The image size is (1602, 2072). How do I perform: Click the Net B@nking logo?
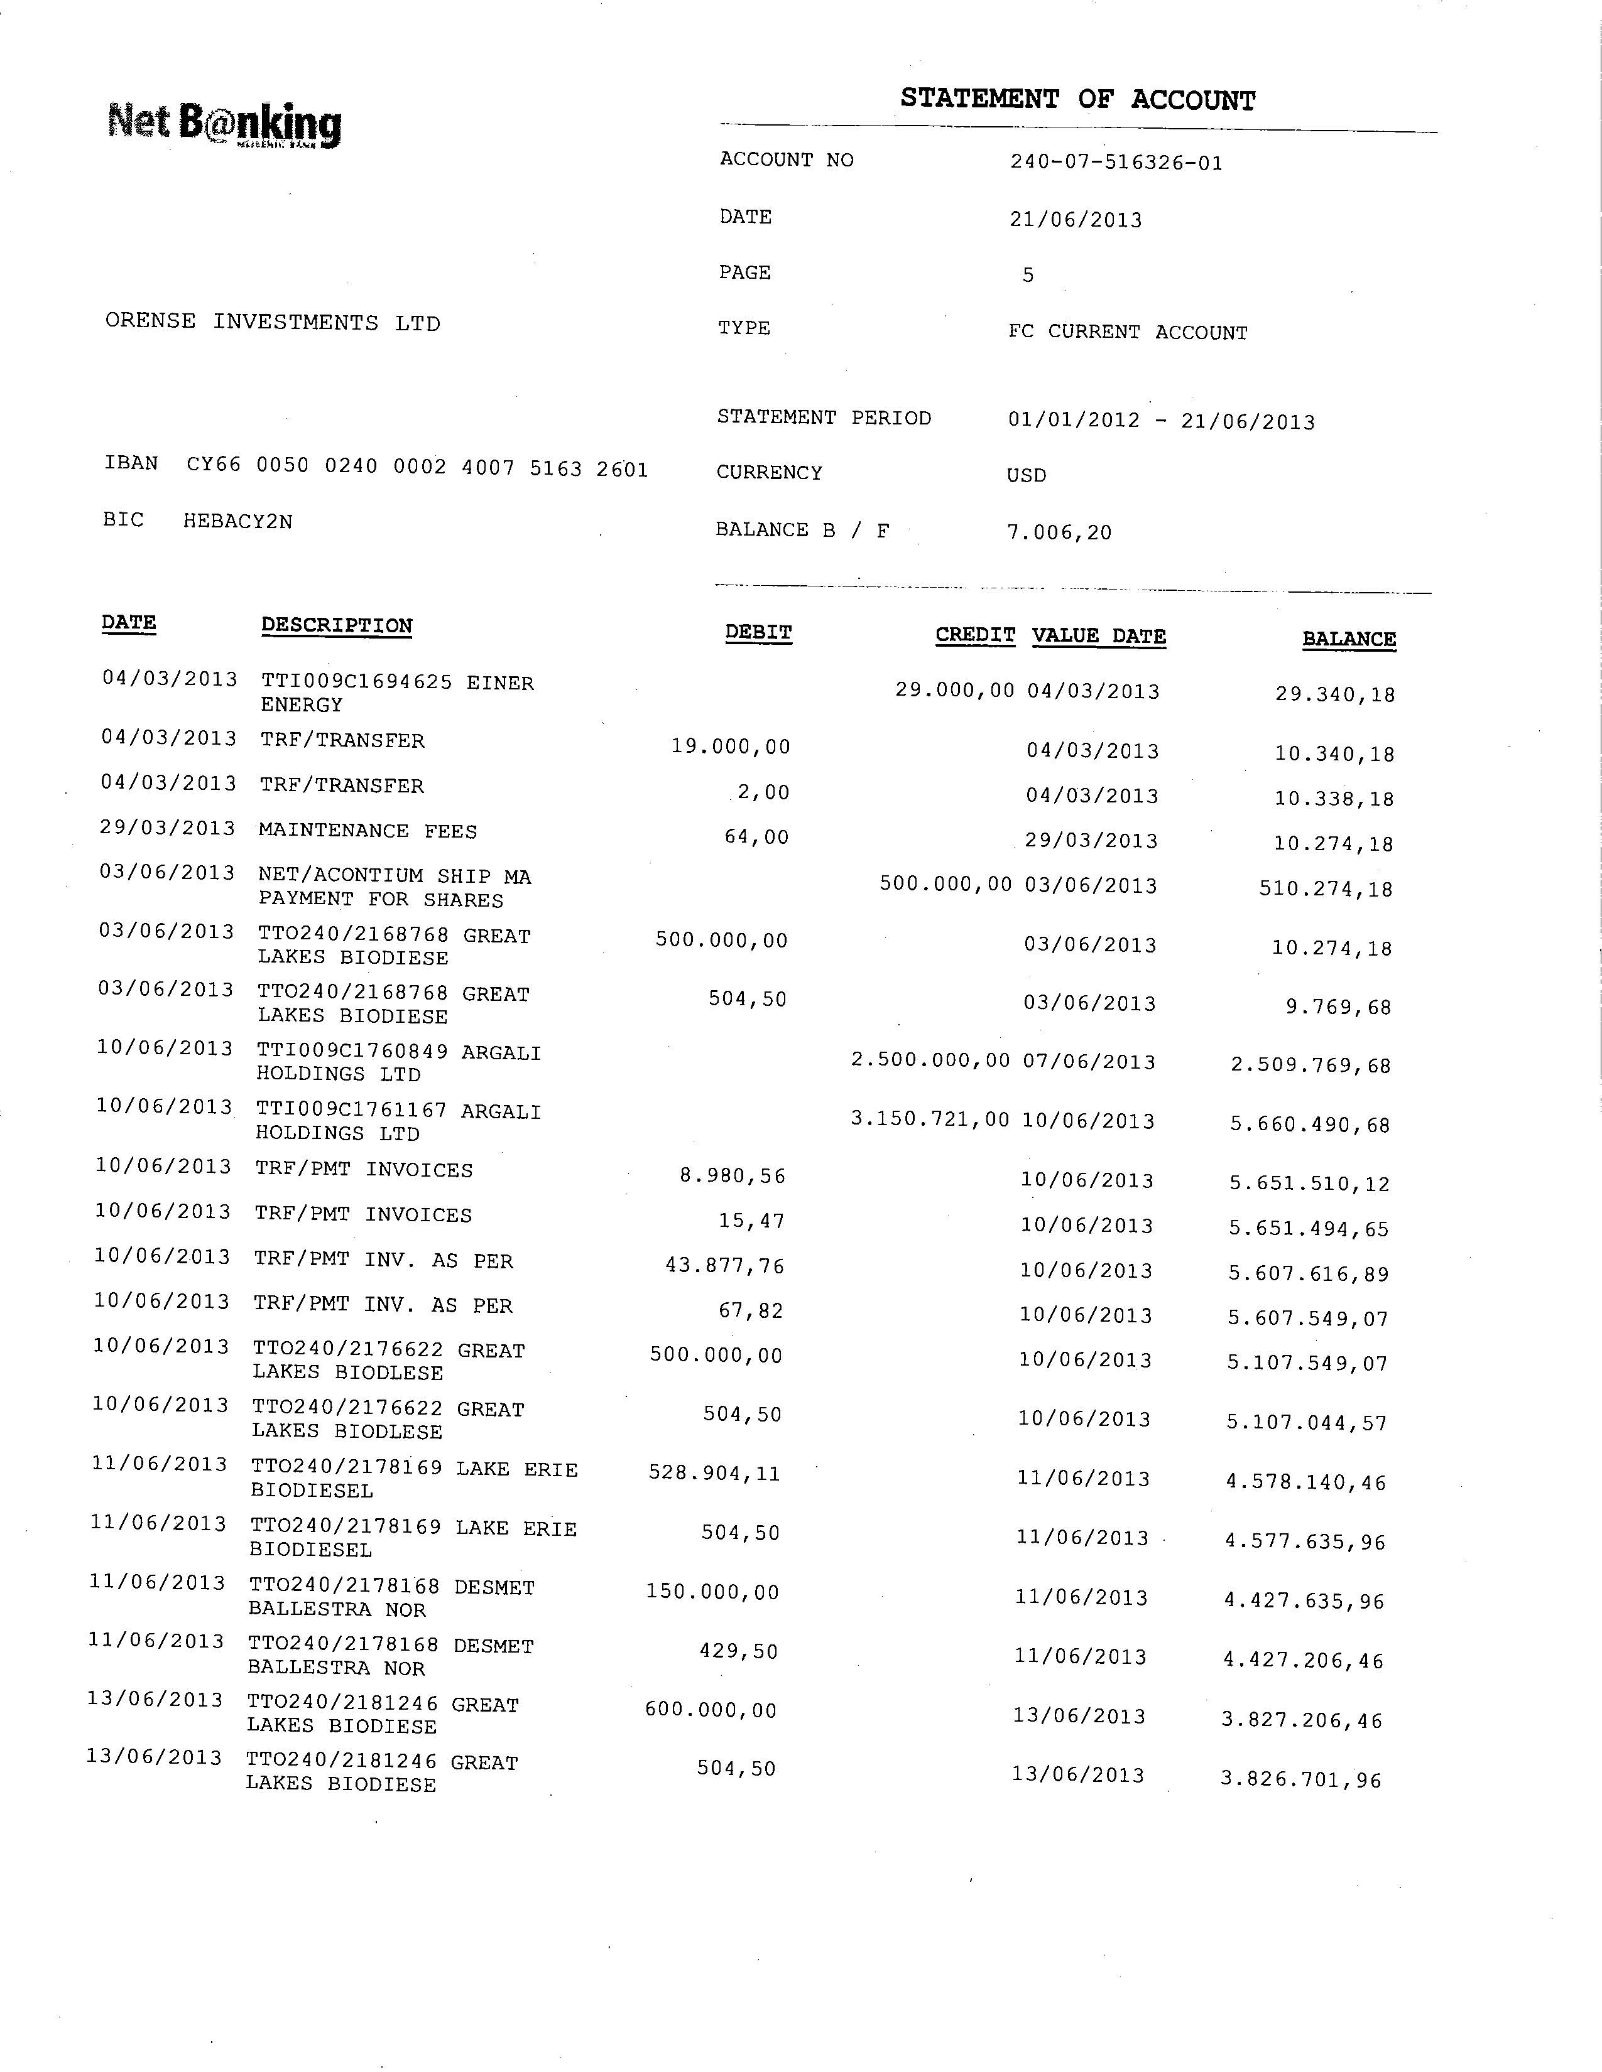225,125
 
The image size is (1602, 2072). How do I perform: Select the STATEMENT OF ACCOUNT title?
1077,100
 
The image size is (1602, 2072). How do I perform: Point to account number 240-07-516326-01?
1116,162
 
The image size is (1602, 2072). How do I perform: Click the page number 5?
1028,275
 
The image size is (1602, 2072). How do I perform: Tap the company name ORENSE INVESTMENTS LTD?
273,323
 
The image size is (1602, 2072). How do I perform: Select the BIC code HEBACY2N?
238,521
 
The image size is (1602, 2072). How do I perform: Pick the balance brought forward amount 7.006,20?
1059,532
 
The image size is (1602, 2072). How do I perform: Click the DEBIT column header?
758,633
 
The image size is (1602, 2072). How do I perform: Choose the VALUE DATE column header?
1099,637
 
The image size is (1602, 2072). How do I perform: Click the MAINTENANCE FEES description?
368,831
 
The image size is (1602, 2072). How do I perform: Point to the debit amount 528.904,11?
715,1474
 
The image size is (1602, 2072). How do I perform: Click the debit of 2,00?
764,792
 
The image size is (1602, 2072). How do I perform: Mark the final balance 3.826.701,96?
1301,1779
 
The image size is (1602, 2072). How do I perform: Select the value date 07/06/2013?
1089,1062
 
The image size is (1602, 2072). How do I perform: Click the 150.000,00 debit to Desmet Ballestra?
713,1592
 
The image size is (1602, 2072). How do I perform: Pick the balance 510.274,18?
1326,890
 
